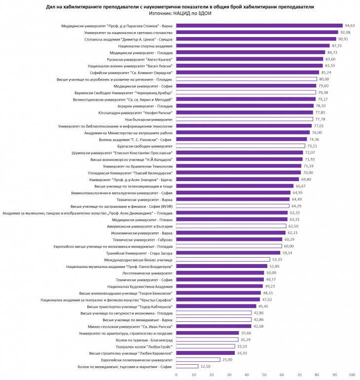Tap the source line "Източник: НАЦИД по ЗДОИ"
pyautogui.click(x=180, y=14)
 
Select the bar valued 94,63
pyautogui.click(x=259, y=26)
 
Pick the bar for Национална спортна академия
pyautogui.click(x=253, y=45)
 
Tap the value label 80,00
pyautogui.click(x=324, y=79)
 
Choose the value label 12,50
pyautogui.click(x=206, y=367)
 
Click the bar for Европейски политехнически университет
pyautogui.click(x=198, y=360)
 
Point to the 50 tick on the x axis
pyautogui.click(x=264, y=375)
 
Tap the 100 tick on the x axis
pyautogui.click(x=352, y=375)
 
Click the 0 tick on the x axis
pyautogui.click(x=177, y=375)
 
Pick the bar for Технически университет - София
pyautogui.click(x=220, y=279)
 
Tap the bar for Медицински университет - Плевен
pyautogui.click(x=232, y=219)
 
